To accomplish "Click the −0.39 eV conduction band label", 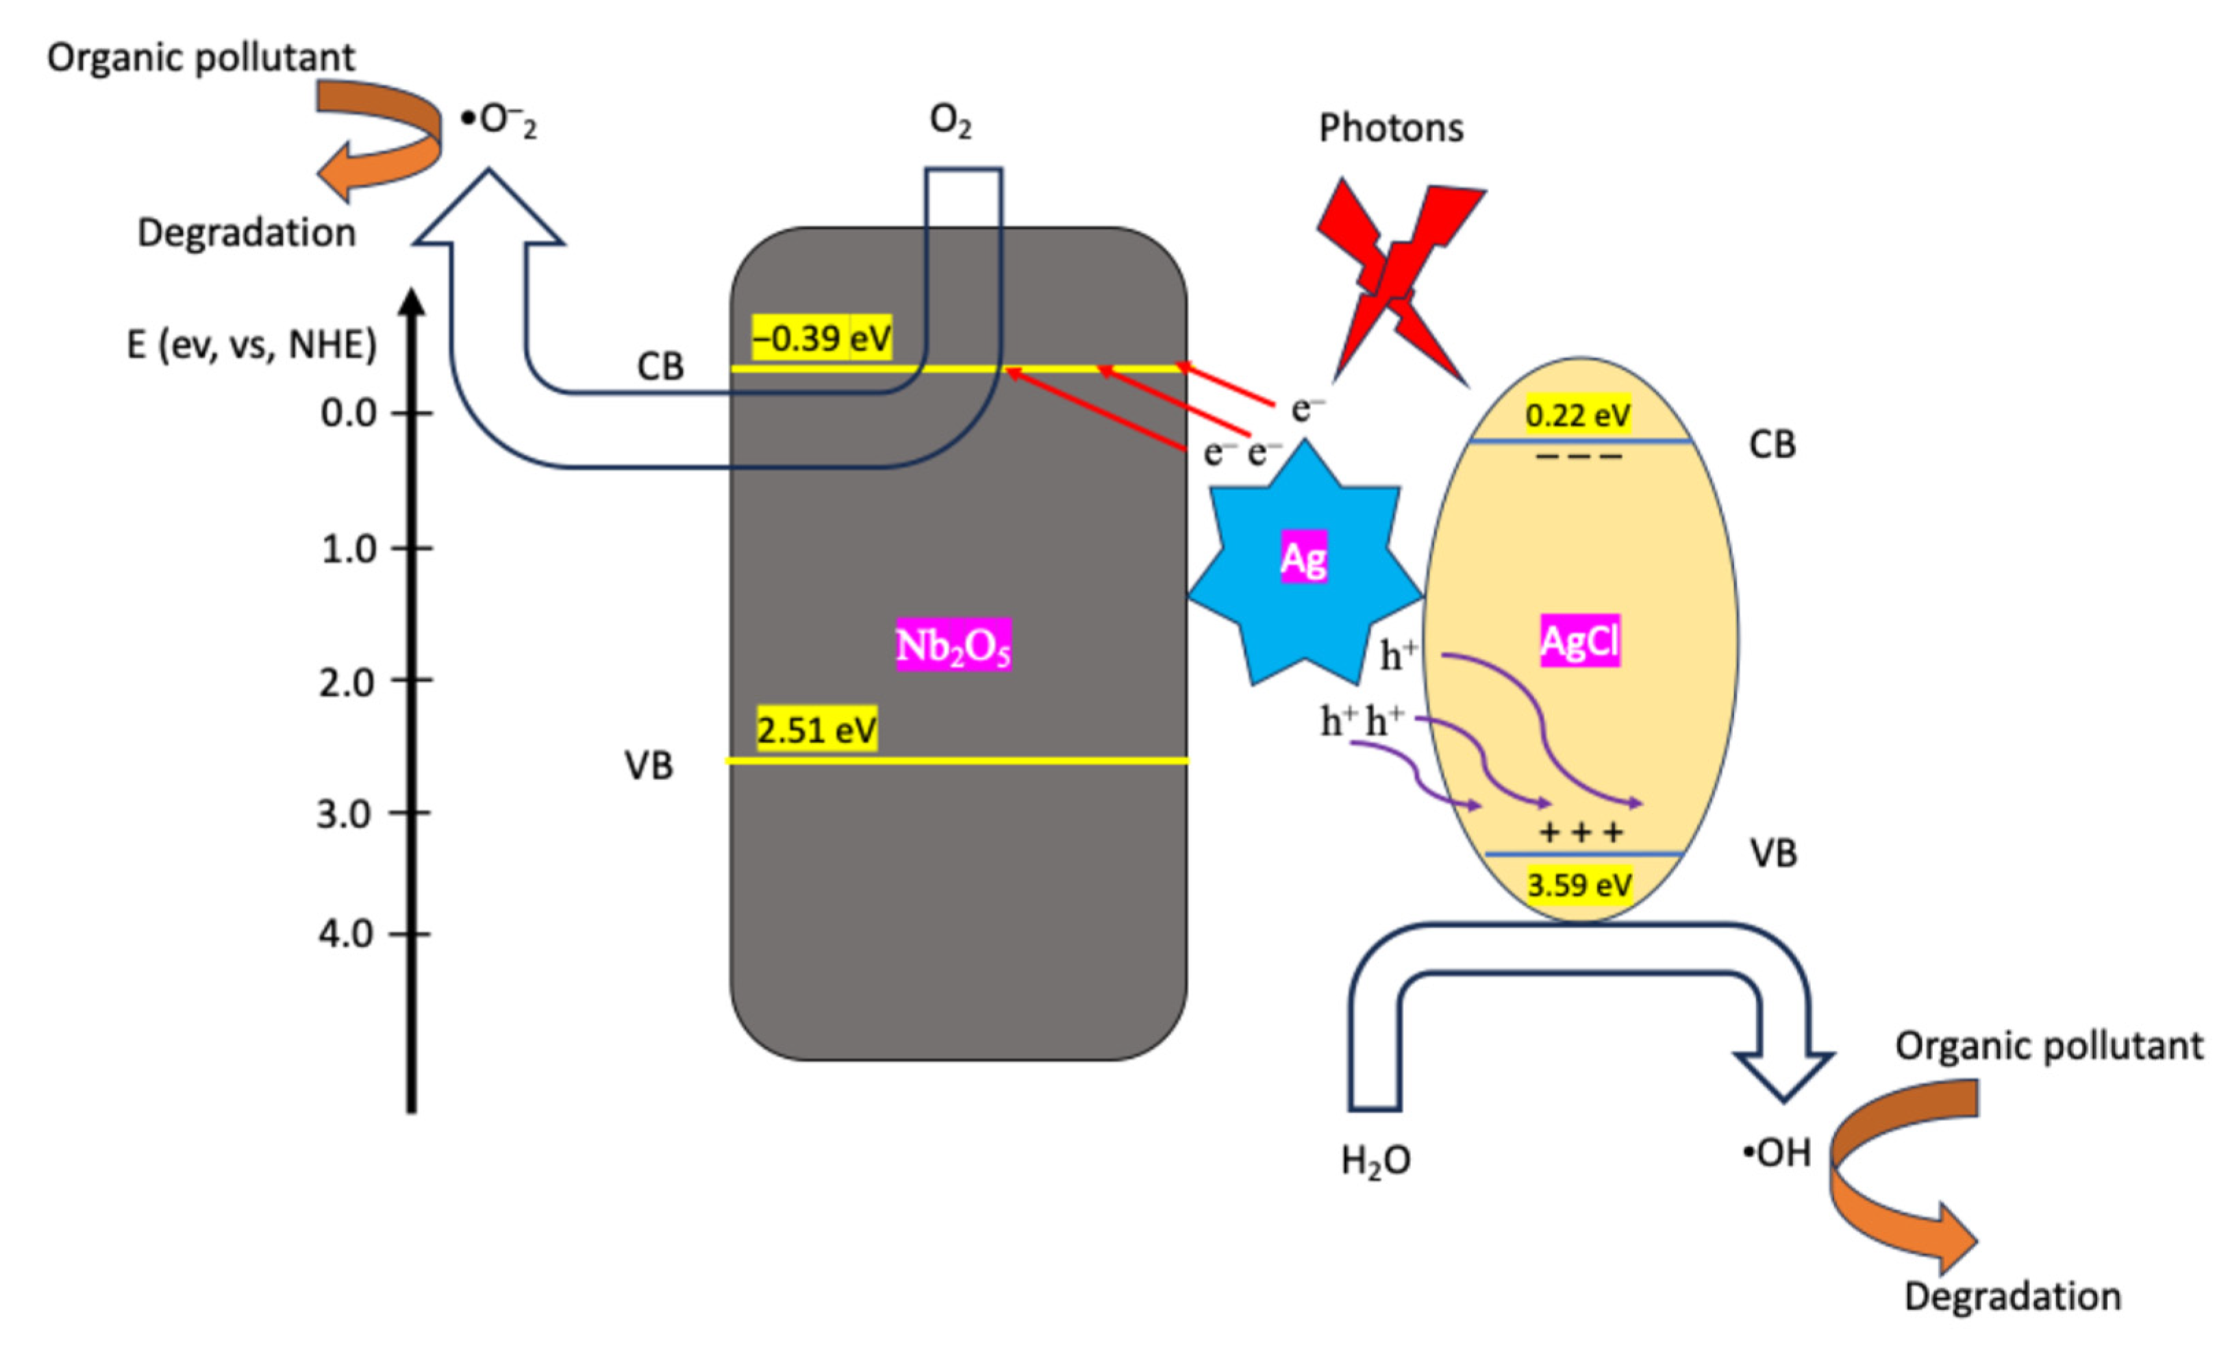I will point(821,338).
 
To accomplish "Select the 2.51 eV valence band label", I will point(816,729).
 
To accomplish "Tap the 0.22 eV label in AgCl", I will point(1578,415).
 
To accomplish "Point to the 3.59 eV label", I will point(1579,884).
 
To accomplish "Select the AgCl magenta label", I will point(1579,641).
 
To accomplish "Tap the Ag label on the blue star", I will point(1303,559).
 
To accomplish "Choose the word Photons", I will point(1390,127).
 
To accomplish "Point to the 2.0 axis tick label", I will point(347,682).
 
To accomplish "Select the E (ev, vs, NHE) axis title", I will point(251,345).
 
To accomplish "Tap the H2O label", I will point(1375,1160).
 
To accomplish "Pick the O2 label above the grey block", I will point(951,121).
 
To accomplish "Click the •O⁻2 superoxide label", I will point(499,121).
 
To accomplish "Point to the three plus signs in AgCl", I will point(1581,831).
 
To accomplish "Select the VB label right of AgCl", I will point(1773,853).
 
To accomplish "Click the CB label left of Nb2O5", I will point(660,366).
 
